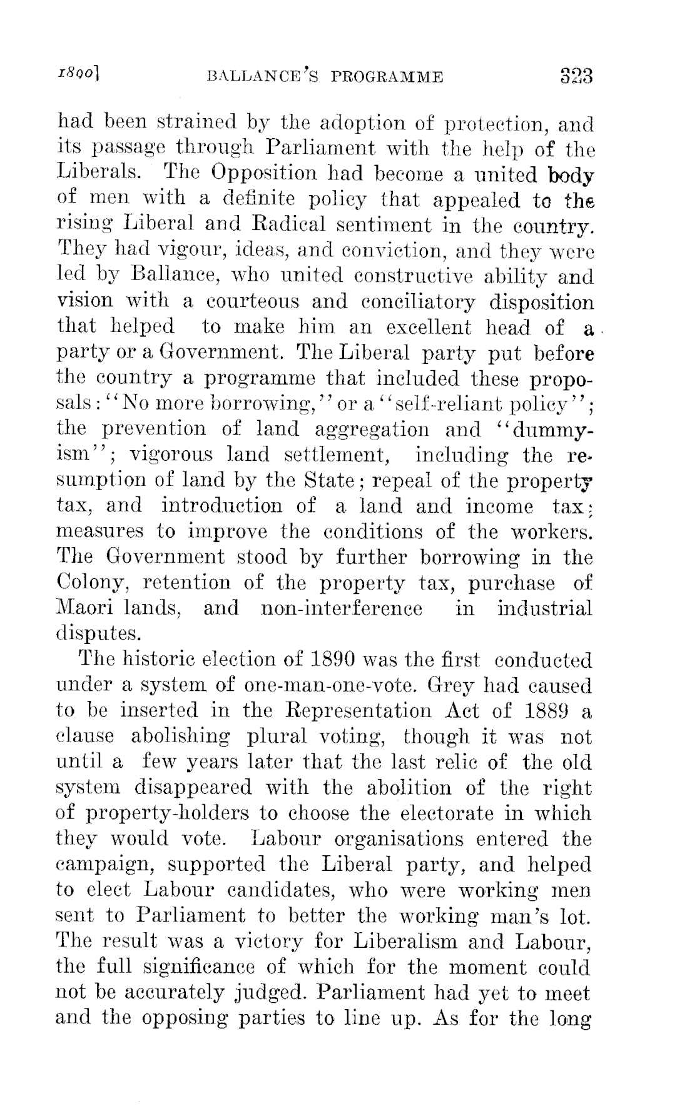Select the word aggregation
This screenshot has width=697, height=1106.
pyautogui.click(x=365, y=430)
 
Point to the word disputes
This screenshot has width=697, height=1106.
pyautogui.click(x=95, y=634)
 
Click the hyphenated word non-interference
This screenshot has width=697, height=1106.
pyautogui.click(x=340, y=608)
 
